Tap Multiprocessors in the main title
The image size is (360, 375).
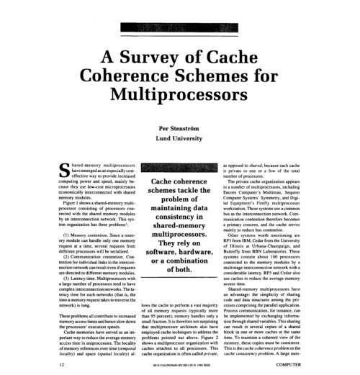(x=180, y=94)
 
